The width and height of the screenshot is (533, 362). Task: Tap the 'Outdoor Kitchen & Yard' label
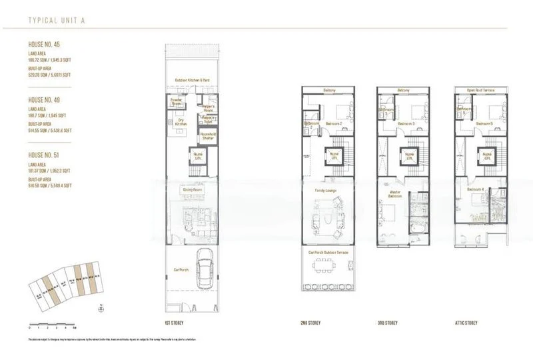[193, 80]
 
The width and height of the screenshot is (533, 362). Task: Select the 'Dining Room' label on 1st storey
[192, 189]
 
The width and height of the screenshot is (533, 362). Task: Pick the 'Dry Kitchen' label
[180, 122]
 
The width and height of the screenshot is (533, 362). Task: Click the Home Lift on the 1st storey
[198, 157]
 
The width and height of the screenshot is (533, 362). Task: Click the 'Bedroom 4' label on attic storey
[475, 190]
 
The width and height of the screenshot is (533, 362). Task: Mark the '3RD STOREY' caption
[387, 323]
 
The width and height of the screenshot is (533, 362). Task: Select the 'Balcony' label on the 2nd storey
[326, 89]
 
